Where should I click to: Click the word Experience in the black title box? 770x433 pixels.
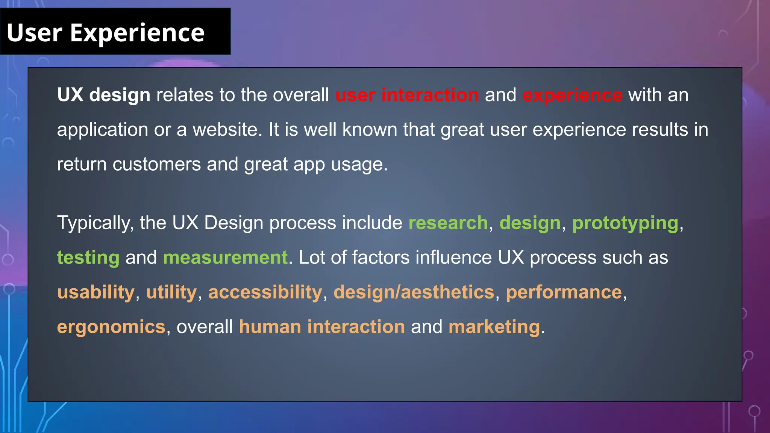(x=137, y=33)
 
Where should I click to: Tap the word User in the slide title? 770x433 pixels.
(x=34, y=33)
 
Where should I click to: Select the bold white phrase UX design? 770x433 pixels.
(x=103, y=95)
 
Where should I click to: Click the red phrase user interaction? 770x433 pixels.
(x=407, y=95)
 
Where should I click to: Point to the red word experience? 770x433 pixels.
(x=572, y=95)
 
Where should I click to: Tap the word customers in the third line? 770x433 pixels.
(x=156, y=164)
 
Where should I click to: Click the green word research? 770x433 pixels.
(x=448, y=223)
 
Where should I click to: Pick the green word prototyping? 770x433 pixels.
(x=625, y=223)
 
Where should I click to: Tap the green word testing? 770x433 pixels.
(x=88, y=258)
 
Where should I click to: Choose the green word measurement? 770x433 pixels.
(x=225, y=258)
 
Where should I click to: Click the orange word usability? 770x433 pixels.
(x=96, y=292)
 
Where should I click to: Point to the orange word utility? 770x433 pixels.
(x=171, y=292)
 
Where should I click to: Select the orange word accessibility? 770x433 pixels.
(x=265, y=292)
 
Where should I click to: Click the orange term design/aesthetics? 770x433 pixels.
(x=414, y=292)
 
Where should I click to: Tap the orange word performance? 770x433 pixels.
(x=564, y=292)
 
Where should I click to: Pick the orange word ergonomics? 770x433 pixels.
(x=111, y=327)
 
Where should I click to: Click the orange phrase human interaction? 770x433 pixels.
(x=322, y=327)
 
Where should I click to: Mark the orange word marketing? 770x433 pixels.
(x=494, y=327)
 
